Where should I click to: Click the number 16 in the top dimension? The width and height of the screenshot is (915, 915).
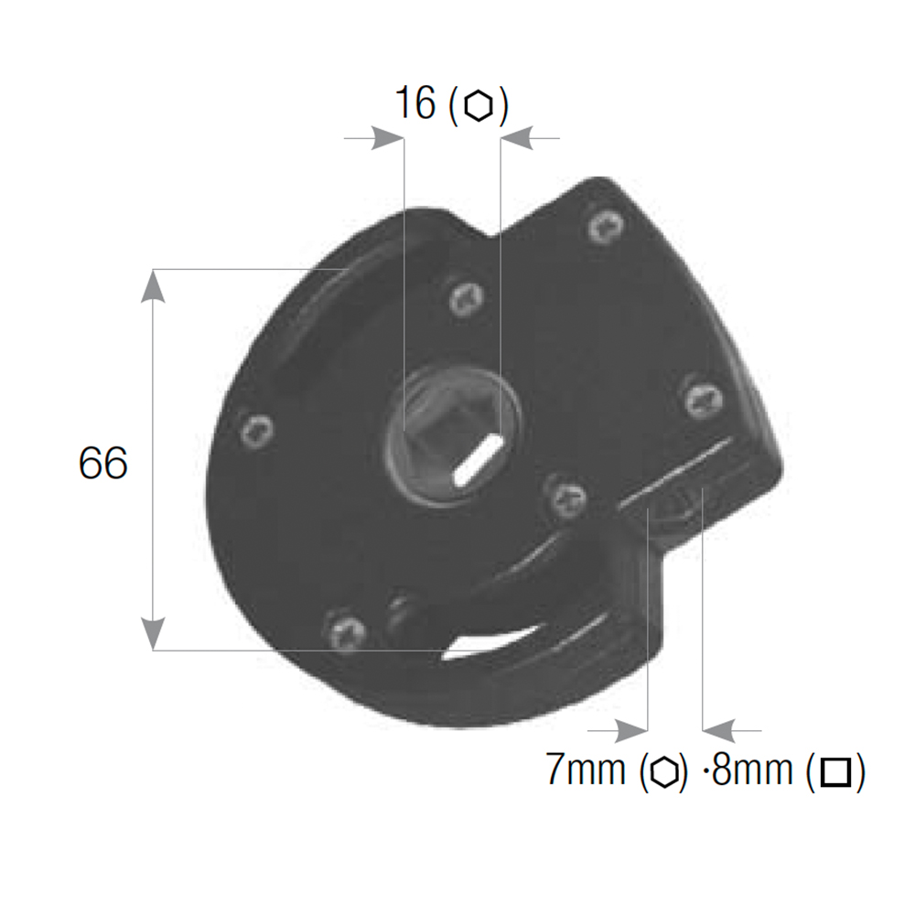coord(414,102)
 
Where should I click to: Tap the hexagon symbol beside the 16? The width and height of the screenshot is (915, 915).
coord(478,105)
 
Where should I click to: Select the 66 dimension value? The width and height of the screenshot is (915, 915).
coord(102,463)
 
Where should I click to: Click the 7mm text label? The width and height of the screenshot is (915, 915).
coord(586,770)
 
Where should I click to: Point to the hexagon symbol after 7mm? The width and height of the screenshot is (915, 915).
coord(664,771)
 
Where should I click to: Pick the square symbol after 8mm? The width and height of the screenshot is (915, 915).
coord(835,772)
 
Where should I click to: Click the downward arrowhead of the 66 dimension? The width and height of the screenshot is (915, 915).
coord(153,633)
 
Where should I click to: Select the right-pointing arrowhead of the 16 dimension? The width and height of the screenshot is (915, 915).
coord(387,138)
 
